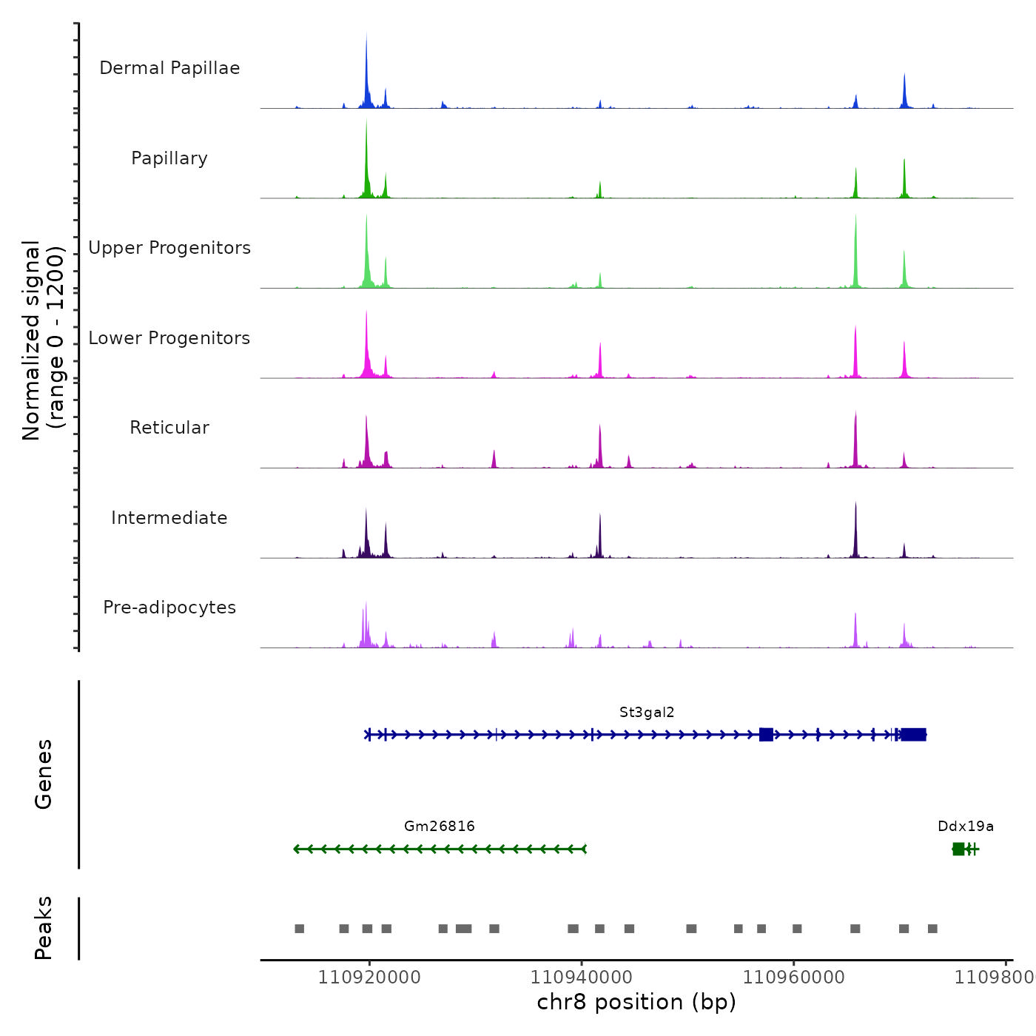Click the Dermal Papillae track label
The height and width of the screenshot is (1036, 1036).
169,68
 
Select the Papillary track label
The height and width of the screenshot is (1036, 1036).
169,158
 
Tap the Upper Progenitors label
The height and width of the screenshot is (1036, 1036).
169,248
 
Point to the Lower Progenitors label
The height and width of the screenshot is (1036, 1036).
169,338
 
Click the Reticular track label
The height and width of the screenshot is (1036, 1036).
169,428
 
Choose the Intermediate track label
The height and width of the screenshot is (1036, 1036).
169,518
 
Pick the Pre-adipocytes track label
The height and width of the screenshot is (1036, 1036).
169,608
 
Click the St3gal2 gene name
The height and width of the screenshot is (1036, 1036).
647,713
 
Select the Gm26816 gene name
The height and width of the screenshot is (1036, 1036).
440,826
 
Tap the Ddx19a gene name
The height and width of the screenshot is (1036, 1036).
966,826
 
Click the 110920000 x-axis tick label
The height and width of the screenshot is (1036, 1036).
369,978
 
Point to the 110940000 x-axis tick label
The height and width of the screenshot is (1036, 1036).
582,978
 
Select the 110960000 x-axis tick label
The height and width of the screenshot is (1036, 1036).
794,978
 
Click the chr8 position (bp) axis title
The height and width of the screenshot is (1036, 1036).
636,1002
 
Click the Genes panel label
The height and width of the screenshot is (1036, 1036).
44,774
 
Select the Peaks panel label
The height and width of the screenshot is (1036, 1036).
44,928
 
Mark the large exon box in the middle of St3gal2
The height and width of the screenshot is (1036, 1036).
766,734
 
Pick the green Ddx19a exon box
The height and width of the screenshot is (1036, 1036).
958,849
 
